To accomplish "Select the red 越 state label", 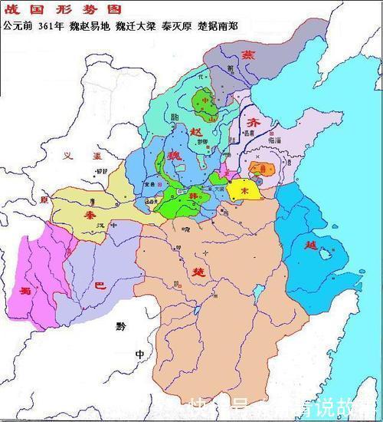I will point(310,246).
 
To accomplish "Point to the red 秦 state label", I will point(91,216).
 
